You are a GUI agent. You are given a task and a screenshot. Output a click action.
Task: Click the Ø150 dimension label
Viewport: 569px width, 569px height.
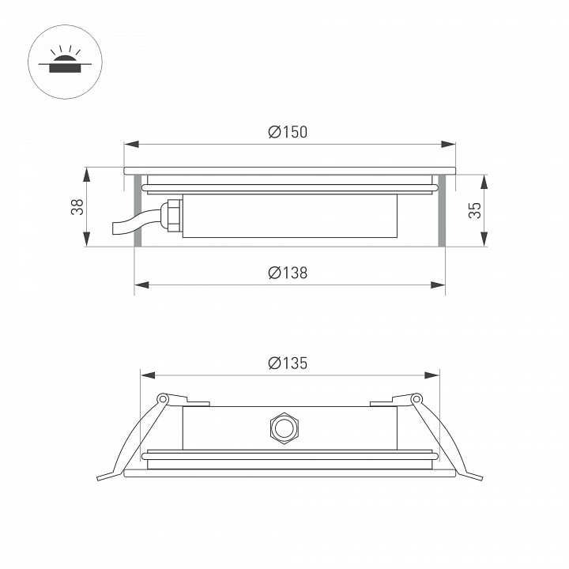coord(287,133)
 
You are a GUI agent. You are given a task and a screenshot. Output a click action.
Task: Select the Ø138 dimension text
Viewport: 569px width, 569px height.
coord(287,273)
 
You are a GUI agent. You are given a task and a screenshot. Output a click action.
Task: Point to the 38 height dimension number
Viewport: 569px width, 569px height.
coord(77,208)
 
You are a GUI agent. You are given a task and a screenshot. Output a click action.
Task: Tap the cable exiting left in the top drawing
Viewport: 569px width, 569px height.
coord(126,226)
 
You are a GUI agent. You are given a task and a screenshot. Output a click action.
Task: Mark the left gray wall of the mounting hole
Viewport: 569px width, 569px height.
coord(138,209)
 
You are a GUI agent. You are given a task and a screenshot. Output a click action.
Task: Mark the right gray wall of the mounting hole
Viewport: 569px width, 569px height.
coord(441,209)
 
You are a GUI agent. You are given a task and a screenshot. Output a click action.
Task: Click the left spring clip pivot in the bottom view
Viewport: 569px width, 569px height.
coord(163,399)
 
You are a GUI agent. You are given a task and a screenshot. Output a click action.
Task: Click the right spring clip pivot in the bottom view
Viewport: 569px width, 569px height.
coord(416,399)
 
